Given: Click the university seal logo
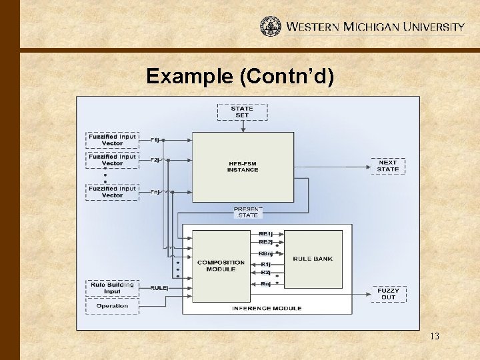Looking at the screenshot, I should click(x=270, y=27).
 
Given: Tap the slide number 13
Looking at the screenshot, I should click(x=434, y=336).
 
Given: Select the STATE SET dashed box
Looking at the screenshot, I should click(x=242, y=112).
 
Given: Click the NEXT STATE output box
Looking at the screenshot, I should click(x=387, y=166).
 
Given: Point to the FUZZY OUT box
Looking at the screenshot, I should click(x=388, y=294).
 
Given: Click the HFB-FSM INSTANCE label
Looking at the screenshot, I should click(x=243, y=167).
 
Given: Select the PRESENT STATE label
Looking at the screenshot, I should click(x=247, y=212).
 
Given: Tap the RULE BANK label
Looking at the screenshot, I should click(x=313, y=259).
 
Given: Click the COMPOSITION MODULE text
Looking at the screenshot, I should click(x=221, y=265).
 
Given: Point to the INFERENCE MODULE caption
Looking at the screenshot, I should click(x=267, y=308).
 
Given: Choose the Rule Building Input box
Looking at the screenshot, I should click(x=112, y=288).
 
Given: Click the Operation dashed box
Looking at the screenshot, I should click(x=112, y=306).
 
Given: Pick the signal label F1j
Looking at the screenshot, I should click(x=155, y=140).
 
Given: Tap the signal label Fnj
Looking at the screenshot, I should click(x=155, y=192).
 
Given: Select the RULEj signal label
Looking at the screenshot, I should click(x=159, y=287).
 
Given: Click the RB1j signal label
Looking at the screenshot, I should click(x=265, y=234).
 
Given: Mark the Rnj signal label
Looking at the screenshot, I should click(x=265, y=284).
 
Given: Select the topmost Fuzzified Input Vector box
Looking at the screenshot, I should click(x=112, y=140).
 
